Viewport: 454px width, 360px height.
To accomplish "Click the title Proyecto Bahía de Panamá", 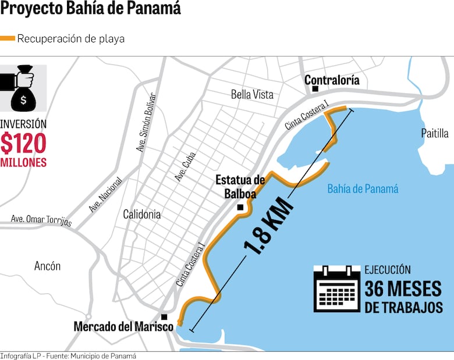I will coord(90,9).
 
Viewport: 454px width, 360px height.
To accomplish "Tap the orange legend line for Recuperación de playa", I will coord(8,39).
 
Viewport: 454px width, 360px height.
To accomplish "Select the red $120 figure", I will coord(23,143).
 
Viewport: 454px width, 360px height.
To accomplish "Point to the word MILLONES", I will coord(23,162).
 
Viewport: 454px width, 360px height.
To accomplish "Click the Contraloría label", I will coord(332,80).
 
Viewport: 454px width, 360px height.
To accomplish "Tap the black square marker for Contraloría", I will coord(315,89).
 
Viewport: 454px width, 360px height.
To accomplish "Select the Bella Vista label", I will coord(251,95).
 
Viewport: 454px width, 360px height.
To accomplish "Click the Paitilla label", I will coord(435,133).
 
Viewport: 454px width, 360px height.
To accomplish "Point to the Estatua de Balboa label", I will coord(240,187).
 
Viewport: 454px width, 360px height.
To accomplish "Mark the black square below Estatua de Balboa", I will coord(240,207).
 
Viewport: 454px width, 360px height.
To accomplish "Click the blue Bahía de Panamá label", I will coord(363,188).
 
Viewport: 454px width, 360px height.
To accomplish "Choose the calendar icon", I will coord(336,288).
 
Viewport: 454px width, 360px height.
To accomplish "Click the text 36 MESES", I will coord(403,288).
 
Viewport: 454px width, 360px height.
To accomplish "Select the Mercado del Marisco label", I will coord(123,327).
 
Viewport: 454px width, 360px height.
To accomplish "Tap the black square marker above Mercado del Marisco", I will coord(165,317).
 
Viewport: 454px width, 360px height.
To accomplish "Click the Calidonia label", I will coord(142,214).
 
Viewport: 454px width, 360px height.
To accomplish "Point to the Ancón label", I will coord(47,266).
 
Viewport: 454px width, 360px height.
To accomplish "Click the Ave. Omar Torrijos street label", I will coord(41,221).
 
